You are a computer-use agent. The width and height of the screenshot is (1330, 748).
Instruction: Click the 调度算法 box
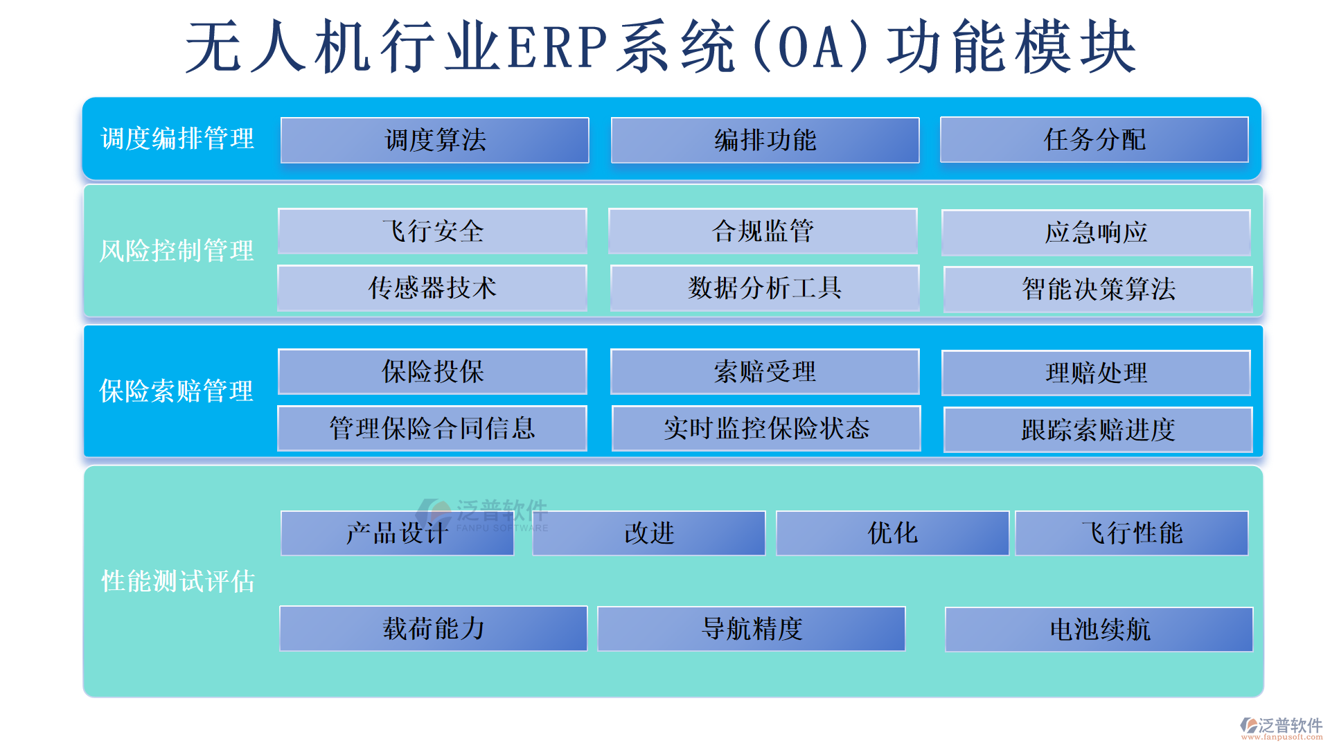[434, 140]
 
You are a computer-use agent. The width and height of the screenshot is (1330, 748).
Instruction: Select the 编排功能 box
[765, 140]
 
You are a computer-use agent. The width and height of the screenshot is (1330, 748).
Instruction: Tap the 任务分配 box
[1094, 139]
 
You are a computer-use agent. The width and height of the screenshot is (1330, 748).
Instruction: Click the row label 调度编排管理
[178, 139]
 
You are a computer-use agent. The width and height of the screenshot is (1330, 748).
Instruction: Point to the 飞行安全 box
[432, 231]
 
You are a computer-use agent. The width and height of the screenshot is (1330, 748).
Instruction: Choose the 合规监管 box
[763, 231]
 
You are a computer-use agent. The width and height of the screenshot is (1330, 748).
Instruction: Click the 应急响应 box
[1096, 233]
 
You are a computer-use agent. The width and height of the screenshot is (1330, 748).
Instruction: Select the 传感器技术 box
[432, 288]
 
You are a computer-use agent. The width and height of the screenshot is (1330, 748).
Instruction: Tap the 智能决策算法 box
[1098, 290]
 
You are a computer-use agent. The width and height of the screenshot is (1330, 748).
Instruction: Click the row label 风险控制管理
[177, 251]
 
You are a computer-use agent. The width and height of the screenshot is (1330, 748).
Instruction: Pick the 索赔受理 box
[765, 372]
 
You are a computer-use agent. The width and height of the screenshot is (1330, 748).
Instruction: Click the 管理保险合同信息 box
[432, 429]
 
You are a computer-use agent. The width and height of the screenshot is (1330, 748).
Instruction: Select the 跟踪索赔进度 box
[1098, 430]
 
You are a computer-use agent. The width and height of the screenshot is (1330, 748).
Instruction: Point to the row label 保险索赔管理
[177, 391]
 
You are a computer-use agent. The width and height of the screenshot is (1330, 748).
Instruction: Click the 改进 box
[649, 533]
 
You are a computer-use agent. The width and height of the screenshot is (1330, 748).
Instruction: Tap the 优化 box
[892, 533]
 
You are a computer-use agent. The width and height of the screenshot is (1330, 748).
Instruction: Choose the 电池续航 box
[1099, 630]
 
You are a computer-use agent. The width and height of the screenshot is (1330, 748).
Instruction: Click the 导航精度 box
[752, 629]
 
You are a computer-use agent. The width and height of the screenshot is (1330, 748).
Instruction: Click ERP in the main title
[558, 47]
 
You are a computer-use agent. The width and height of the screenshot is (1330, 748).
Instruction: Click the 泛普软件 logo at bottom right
[1282, 727]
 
